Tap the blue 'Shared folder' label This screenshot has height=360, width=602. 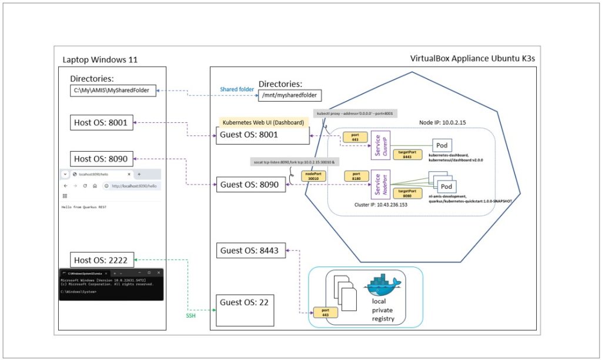pos(237,89)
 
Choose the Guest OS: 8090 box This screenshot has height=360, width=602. pos(251,185)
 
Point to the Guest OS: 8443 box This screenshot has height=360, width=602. pos(251,251)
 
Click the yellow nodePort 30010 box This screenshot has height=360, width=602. pos(312,175)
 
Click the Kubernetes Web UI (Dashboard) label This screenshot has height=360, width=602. pos(262,122)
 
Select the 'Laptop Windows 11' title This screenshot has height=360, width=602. pos(100,60)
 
